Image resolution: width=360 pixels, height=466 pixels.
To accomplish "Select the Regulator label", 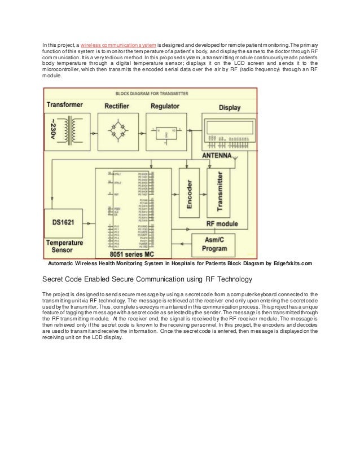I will click(x=165, y=106).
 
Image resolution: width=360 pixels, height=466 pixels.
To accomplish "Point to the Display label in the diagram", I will click(x=229, y=107).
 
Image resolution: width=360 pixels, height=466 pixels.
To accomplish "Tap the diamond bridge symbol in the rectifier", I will click(x=120, y=133).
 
